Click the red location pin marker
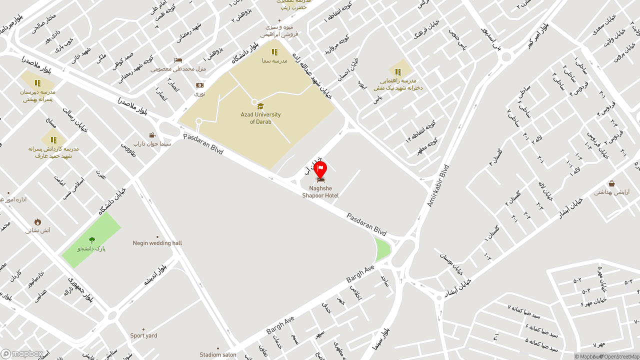(x=320, y=169)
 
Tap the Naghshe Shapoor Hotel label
(x=320, y=192)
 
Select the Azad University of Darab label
(x=260, y=118)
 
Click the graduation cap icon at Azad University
(x=260, y=106)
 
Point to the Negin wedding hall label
(x=157, y=243)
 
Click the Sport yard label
(x=143, y=335)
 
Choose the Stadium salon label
(x=218, y=354)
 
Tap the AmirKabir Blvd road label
(x=438, y=185)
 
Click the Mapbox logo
(x=22, y=354)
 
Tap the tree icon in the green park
(x=91, y=240)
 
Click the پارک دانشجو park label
(x=91, y=248)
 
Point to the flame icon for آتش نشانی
(x=37, y=222)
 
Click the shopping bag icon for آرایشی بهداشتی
(x=611, y=183)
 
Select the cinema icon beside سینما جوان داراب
(x=152, y=135)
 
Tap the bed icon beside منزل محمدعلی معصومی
(x=178, y=60)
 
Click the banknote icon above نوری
(x=199, y=85)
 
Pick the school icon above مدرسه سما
(x=274, y=52)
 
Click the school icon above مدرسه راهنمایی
(x=398, y=72)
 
